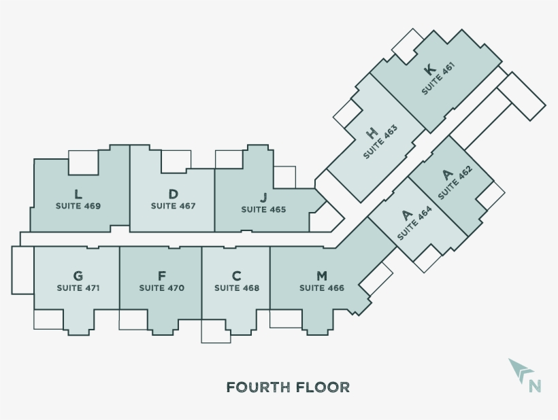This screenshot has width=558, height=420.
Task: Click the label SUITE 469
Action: tap(78, 206)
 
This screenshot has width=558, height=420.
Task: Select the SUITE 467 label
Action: tap(174, 206)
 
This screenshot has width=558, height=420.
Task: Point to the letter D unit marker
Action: tap(174, 194)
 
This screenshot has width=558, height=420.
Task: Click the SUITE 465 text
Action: tap(263, 209)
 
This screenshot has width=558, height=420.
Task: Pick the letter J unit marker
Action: tap(263, 197)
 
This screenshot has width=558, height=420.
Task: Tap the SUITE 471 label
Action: tap(78, 288)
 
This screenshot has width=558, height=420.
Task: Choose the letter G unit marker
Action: tap(78, 275)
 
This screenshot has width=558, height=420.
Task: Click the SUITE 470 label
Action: tap(161, 288)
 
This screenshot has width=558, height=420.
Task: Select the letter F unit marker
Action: tap(161, 275)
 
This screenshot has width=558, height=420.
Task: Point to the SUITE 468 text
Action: tap(237, 288)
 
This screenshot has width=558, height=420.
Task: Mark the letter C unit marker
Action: tap(237, 275)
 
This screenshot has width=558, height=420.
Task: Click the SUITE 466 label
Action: tap(322, 288)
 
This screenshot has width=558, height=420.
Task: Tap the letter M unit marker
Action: tap(322, 275)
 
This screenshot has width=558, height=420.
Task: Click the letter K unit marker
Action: tap(429, 69)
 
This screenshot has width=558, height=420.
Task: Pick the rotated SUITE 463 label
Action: tap(380, 142)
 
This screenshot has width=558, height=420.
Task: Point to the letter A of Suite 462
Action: tap(447, 175)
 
